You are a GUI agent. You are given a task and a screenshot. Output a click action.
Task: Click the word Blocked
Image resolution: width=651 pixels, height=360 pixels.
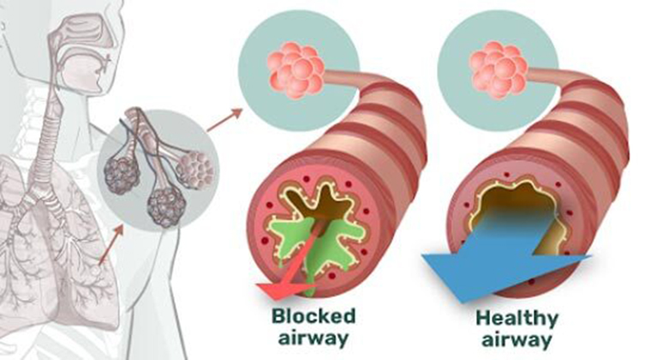(x=314, y=316)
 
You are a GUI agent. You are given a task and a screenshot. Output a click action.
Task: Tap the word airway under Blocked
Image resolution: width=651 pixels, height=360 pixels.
(x=314, y=338)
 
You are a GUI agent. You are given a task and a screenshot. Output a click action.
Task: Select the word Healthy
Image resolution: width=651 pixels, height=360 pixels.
(x=517, y=320)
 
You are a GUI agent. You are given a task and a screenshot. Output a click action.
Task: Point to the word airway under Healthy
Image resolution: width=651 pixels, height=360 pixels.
(x=517, y=339)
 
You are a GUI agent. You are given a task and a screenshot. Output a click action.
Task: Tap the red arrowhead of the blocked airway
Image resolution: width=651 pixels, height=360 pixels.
(x=284, y=291)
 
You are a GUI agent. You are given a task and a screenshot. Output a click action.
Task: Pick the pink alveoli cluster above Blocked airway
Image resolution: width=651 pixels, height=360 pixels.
(x=296, y=69)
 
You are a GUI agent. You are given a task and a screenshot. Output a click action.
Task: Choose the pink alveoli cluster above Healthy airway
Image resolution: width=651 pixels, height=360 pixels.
(x=499, y=69)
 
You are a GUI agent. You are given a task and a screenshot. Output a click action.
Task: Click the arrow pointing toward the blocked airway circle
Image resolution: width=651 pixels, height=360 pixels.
(x=224, y=120)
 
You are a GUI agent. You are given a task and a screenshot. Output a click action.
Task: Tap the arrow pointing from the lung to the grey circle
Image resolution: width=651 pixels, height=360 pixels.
(x=111, y=244)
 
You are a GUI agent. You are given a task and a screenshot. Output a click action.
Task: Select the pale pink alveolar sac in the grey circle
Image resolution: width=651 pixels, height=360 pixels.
(x=194, y=171)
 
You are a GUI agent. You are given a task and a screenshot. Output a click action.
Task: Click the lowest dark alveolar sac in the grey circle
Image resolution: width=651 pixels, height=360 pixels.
(x=166, y=207)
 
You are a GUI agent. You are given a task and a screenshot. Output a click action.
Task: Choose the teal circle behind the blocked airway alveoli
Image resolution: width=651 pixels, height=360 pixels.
(x=298, y=70)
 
